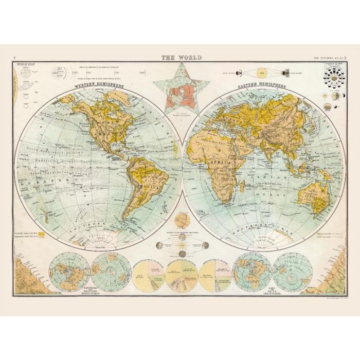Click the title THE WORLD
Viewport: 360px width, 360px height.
tap(182, 58)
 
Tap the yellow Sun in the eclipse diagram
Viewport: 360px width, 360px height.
tap(261, 72)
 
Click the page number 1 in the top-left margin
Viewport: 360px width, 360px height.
tap(15, 58)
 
